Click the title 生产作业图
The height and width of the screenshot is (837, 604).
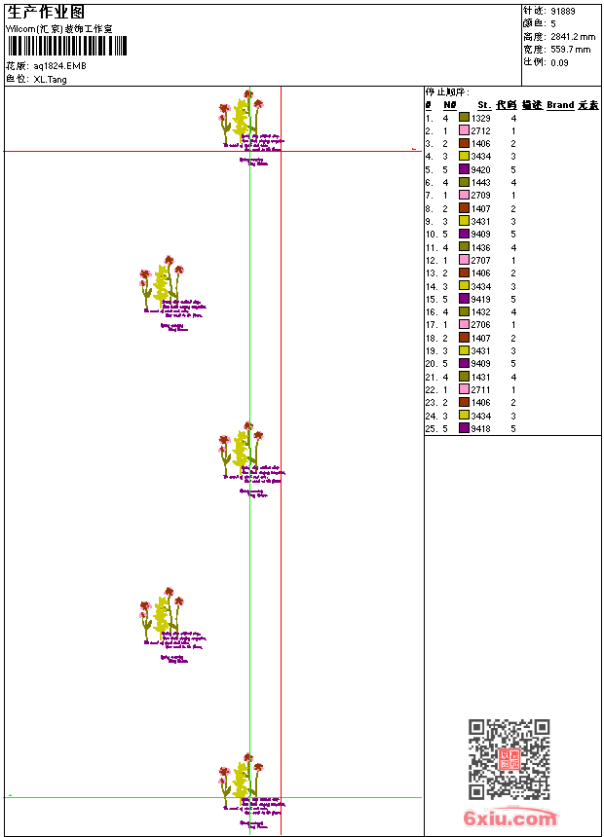coord(46,12)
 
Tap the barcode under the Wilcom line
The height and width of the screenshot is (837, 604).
coord(66,46)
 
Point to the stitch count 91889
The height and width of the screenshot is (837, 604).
coord(563,11)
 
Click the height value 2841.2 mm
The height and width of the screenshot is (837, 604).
coord(573,36)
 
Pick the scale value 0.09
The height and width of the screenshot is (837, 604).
coord(559,61)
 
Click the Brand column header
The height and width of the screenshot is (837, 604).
coord(560,105)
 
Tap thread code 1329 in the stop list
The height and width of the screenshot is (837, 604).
coord(481,118)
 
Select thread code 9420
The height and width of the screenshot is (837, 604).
coord(481,169)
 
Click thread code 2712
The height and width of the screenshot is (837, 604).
coord(481,130)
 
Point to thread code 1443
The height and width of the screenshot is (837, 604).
coord(481,182)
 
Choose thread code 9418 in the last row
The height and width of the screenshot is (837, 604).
coord(481,428)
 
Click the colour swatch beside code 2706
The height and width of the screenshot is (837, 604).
coord(465,325)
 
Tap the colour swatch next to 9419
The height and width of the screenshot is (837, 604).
coord(465,299)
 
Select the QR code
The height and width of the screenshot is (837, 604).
coord(510,759)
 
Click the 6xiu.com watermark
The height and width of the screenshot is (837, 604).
coord(510,819)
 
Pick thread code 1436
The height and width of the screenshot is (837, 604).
coord(481,247)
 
